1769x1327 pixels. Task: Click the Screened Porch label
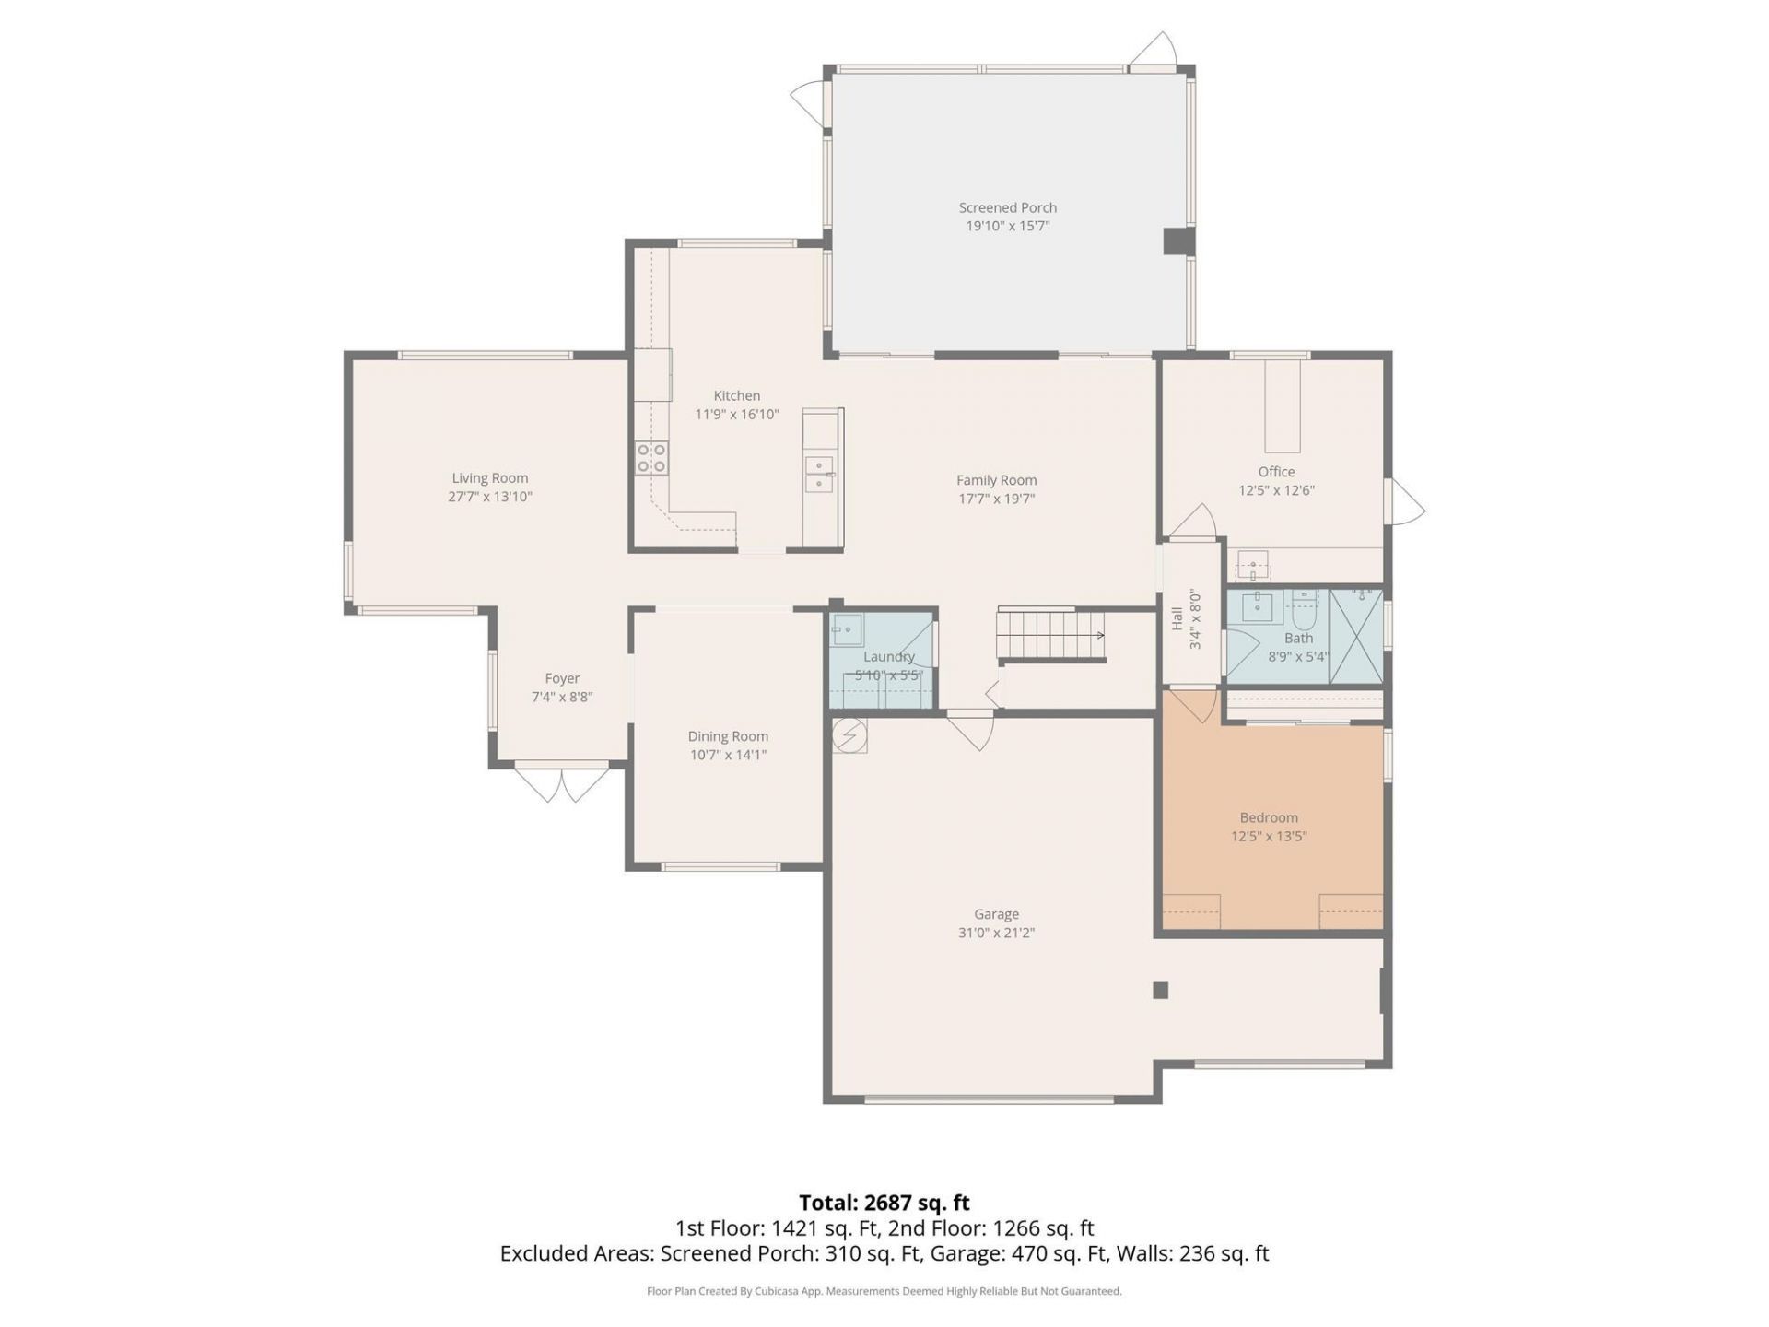(1007, 208)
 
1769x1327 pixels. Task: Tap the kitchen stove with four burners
(651, 458)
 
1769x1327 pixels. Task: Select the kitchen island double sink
(818, 474)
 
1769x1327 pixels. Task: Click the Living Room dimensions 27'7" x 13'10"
(489, 497)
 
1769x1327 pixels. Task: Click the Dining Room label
(727, 736)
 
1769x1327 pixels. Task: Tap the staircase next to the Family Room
(1050, 635)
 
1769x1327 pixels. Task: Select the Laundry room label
(888, 657)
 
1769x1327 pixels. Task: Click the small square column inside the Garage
(1160, 991)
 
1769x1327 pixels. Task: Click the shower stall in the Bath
(1355, 637)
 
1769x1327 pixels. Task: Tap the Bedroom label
(1268, 817)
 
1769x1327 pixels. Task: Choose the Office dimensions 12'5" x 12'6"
(1275, 490)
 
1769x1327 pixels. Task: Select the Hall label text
(1177, 618)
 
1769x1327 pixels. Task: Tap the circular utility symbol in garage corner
(849, 734)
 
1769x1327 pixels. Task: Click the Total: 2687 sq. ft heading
(884, 1203)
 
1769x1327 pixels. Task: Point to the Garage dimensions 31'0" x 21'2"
(995, 933)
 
